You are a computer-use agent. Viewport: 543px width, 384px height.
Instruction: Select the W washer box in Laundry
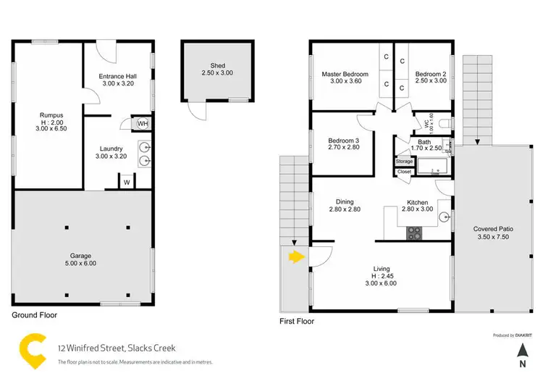click(x=127, y=182)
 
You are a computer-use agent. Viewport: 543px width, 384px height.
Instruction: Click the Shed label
click(x=218, y=65)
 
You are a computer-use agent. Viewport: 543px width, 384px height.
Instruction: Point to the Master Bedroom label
click(x=345, y=74)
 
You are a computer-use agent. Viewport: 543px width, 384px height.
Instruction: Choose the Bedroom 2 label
click(x=431, y=74)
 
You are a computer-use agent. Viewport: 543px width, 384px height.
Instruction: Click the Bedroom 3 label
click(x=344, y=141)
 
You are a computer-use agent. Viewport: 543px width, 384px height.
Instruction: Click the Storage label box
click(x=404, y=161)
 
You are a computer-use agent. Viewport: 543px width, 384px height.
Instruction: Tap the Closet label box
click(x=404, y=172)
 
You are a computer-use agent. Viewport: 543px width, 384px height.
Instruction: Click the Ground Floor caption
click(x=35, y=315)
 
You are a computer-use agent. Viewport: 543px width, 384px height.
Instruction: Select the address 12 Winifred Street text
click(x=116, y=348)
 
